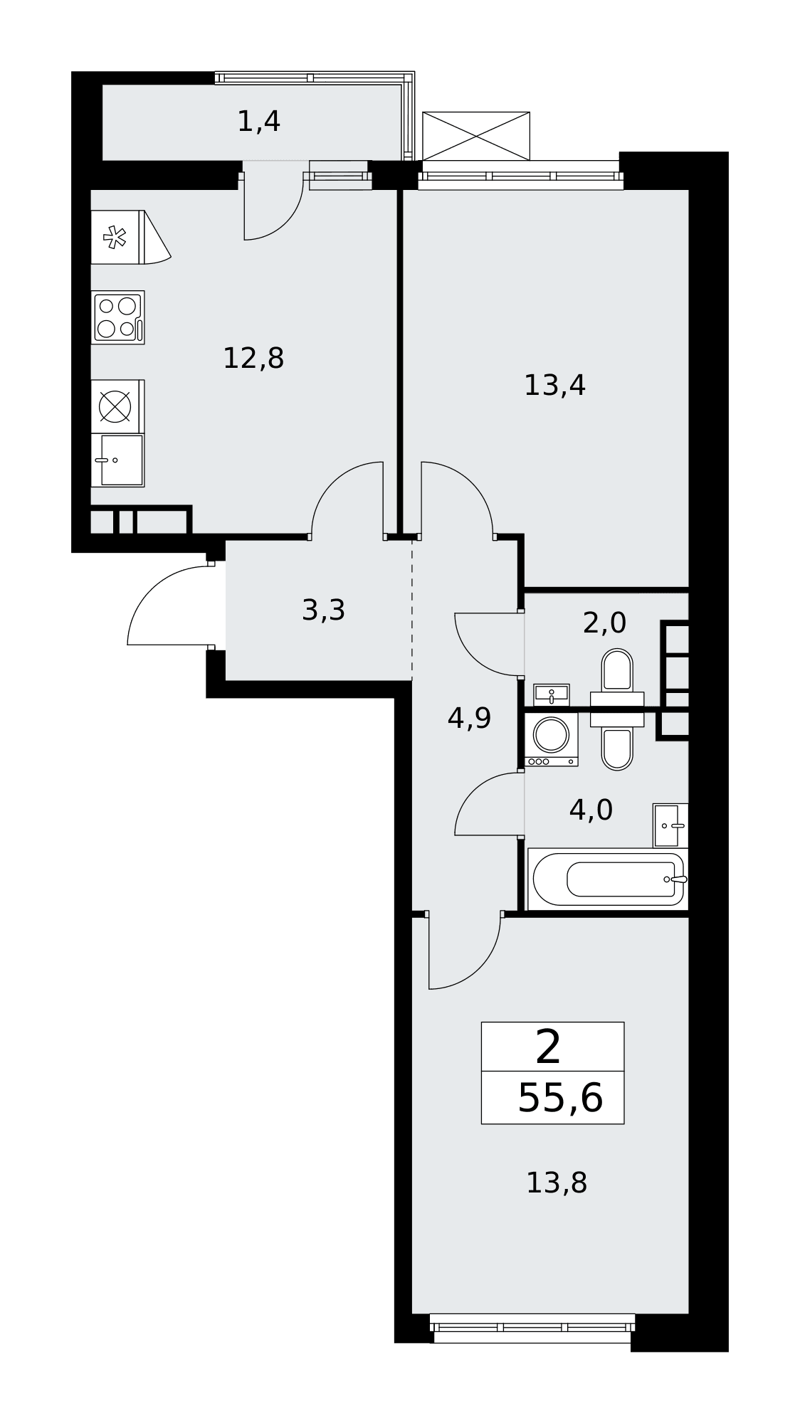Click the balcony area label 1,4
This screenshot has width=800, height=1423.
click(258, 122)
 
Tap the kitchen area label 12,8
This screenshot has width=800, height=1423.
click(253, 358)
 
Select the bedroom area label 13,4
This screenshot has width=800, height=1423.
click(554, 386)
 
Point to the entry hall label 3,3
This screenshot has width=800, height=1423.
click(323, 610)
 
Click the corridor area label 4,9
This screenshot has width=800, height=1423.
click(469, 719)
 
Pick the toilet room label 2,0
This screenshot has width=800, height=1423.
click(604, 623)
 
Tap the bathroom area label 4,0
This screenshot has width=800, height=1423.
click(591, 810)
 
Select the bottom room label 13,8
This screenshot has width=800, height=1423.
click(556, 1183)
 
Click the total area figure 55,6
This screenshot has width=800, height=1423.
click(560, 1098)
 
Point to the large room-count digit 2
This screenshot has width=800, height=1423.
click(548, 1047)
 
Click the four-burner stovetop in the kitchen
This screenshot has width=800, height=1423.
click(117, 317)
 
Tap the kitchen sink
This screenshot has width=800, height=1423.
click(117, 460)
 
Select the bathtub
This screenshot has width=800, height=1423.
click(608, 879)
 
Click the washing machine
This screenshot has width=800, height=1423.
click(551, 739)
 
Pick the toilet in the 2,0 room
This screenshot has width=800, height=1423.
click(617, 671)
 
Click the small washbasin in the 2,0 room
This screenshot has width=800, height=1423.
click(551, 694)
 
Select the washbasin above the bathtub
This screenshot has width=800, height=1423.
click(670, 825)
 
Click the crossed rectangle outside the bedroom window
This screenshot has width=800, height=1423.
click(476, 136)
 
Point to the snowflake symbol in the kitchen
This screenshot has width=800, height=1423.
click(114, 237)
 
